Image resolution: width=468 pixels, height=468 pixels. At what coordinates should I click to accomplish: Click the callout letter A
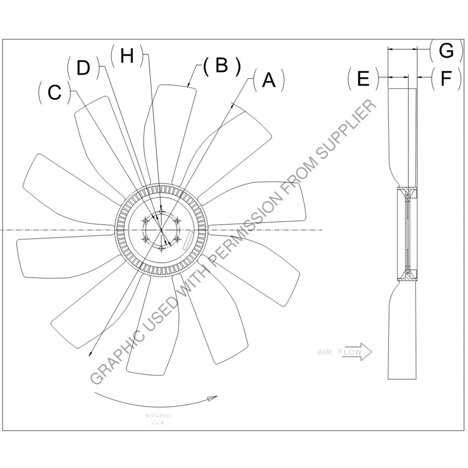tap(268, 80)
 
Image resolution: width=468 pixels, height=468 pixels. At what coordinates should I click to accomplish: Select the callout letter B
tap(222, 66)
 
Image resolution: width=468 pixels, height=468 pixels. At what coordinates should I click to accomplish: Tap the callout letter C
tap(54, 93)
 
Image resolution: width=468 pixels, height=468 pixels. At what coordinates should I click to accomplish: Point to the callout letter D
tap(83, 68)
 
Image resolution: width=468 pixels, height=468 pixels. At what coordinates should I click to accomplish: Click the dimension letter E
tap(363, 79)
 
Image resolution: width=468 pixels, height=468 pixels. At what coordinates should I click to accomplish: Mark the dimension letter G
tap(445, 51)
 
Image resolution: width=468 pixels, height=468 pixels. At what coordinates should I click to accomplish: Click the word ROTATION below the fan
tap(158, 416)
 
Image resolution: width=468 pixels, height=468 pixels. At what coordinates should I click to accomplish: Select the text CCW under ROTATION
tap(158, 423)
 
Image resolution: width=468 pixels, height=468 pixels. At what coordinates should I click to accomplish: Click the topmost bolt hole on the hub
tap(161, 213)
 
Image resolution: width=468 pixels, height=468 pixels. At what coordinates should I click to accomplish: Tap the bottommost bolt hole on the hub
tap(161, 248)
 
